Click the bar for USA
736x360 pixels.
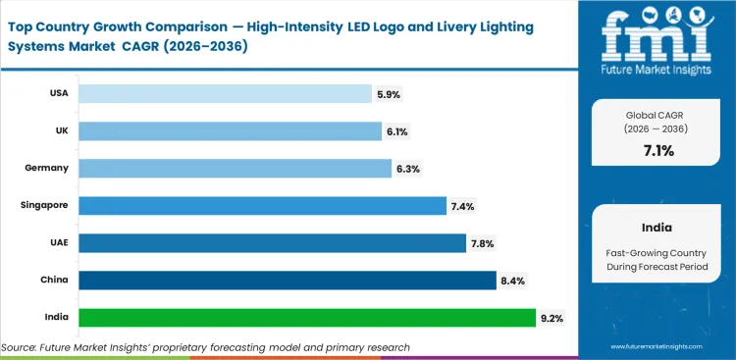point(225,93)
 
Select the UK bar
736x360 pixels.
point(230,130)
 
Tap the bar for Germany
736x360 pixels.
point(235,168)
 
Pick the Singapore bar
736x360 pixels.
point(261,205)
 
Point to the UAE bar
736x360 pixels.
point(272,242)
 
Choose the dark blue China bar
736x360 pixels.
point(287,280)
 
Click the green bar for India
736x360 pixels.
point(307,317)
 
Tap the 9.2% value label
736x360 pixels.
point(551,318)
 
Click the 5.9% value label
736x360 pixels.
point(388,94)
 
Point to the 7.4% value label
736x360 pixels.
point(460,206)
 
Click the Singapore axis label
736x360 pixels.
point(44,205)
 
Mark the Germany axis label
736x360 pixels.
point(46,168)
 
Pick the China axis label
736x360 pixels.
point(53,280)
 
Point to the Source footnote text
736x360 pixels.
point(206,347)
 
